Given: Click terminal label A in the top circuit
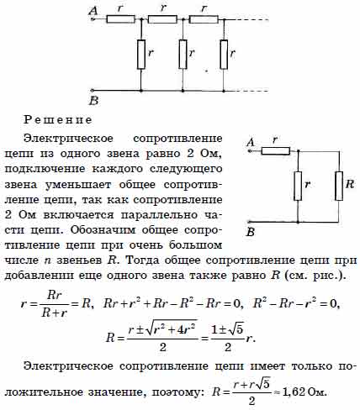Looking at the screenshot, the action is (x=93, y=11).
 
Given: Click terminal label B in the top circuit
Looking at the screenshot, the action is (x=94, y=101).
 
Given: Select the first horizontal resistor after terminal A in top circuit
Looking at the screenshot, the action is (x=120, y=19).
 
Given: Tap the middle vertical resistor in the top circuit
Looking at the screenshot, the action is (x=183, y=55).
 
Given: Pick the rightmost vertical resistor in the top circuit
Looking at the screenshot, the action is (x=224, y=55).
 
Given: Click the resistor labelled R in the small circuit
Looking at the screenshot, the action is (x=339, y=187).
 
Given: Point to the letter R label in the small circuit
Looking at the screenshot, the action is (x=350, y=184).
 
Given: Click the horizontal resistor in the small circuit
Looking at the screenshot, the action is (x=276, y=151).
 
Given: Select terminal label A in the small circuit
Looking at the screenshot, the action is (x=251, y=143).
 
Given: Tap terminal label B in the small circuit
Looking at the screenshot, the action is (x=251, y=232).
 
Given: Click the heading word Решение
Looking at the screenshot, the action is (x=58, y=120).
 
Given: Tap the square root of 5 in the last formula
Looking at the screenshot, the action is (x=262, y=384).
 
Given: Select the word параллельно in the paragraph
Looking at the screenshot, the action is (x=159, y=215).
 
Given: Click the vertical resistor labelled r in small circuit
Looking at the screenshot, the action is (x=298, y=187).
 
